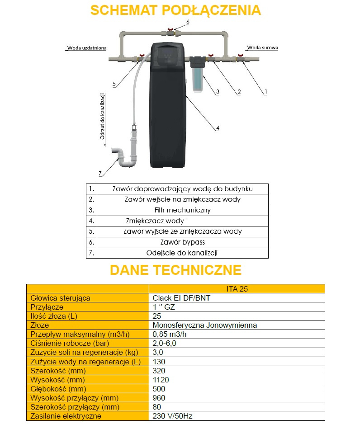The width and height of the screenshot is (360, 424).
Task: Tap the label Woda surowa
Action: (263, 47)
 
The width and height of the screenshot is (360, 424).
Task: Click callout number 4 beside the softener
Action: (218, 128)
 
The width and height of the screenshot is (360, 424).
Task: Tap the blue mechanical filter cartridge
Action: (197, 80)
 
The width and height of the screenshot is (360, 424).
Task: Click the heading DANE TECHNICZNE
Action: (175, 270)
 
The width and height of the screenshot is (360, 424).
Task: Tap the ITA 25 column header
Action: (237, 289)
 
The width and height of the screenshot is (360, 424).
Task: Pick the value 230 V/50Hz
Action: (173, 416)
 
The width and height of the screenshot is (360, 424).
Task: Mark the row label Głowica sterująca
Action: (60, 298)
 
